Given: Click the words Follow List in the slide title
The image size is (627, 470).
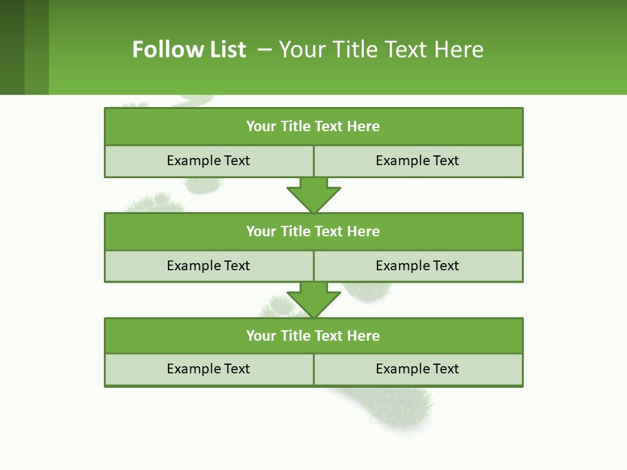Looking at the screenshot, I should click(189, 50).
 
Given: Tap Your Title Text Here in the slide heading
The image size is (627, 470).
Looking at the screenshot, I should click(381, 50).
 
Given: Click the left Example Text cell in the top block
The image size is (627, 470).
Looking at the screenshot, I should click(208, 161).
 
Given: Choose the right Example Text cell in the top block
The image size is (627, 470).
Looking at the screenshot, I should click(417, 161).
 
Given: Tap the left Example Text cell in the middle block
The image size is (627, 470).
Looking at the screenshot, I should click(208, 266).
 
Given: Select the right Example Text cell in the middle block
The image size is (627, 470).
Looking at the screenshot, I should click(417, 266).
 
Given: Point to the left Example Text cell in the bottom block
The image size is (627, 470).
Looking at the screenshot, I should click(208, 369).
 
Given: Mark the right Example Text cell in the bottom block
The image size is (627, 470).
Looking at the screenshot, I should click(417, 369).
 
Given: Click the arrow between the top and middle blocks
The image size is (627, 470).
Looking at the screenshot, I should click(313, 196).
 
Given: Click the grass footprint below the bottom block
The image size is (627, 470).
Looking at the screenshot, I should click(398, 408).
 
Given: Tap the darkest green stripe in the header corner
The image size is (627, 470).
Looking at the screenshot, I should click(12, 47).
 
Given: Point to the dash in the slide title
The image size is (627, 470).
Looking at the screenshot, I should click(265, 50).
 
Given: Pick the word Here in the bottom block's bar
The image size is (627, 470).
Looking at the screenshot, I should click(363, 336).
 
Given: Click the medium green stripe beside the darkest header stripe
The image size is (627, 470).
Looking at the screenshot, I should click(37, 47).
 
